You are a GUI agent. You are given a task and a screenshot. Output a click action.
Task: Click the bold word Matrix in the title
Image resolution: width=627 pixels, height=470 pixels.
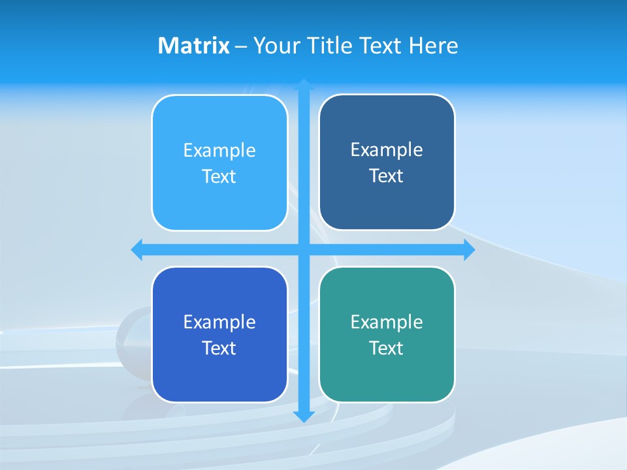pos(193,46)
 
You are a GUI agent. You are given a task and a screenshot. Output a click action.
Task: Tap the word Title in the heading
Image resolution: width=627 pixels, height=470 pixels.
pos(329,46)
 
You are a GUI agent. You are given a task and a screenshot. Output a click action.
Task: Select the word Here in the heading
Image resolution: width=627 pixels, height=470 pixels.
pos(434,46)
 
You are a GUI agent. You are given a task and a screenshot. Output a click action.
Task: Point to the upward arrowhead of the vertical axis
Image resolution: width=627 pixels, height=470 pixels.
pos(304,84)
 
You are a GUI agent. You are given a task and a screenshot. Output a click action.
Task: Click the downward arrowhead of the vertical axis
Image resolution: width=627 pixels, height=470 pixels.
pos(304,416)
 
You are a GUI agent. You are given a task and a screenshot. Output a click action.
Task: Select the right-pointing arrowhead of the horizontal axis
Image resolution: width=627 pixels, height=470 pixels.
pos(469,250)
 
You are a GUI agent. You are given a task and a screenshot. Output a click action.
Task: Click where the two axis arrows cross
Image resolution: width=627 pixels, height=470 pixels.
pos(304,250)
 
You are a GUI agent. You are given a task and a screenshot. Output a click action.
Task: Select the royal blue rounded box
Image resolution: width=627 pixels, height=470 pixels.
pos(219,379)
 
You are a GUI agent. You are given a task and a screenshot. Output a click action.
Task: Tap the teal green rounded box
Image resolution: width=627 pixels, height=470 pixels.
pos(387,379)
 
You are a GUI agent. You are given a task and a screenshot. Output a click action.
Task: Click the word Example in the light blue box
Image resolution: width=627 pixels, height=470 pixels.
pos(219,150)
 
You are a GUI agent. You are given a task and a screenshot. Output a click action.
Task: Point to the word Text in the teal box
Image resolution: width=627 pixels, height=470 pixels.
pos(387,348)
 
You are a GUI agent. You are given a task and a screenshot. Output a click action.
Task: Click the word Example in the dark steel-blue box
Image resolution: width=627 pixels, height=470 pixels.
pos(387,149)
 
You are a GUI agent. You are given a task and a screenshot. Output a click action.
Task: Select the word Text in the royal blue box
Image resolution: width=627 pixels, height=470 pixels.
pos(219,348)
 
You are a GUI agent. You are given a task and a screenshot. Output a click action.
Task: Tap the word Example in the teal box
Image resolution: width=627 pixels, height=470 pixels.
pos(387,322)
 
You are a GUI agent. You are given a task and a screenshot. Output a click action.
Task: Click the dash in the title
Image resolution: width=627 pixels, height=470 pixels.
pos(241,46)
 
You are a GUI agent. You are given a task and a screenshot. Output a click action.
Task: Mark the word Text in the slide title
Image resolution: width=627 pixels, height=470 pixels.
pos(381,46)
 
